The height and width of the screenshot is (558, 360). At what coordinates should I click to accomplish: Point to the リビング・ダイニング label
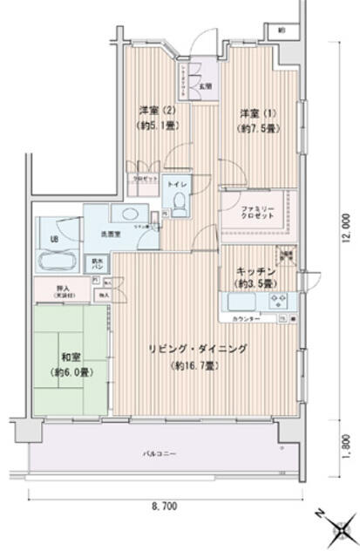[x=197, y=348]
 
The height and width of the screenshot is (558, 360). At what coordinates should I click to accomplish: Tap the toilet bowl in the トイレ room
[x=178, y=203]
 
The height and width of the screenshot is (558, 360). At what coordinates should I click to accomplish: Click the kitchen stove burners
[x=281, y=303]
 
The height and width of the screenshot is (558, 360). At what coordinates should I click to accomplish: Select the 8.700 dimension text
[x=165, y=506]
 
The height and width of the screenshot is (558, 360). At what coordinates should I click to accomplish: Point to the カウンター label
[x=245, y=320]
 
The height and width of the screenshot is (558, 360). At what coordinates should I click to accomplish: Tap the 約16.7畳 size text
[x=195, y=365]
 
